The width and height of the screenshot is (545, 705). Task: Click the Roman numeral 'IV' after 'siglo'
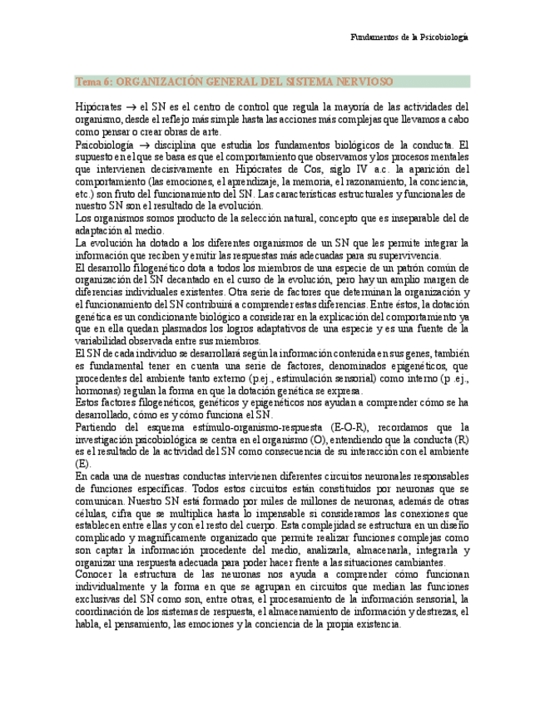point(356,169)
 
